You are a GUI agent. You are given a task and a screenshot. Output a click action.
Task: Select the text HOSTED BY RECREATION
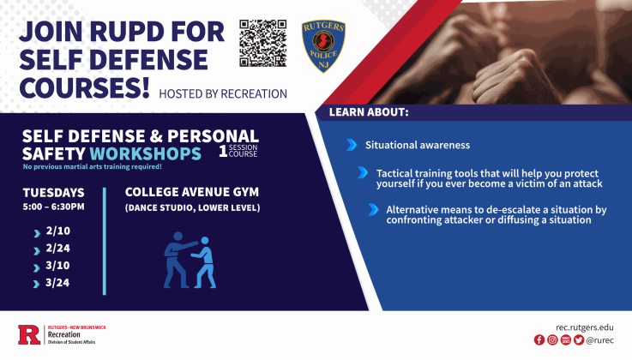click(223, 93)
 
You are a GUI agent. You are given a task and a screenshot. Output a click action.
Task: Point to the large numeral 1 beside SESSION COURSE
click(223, 152)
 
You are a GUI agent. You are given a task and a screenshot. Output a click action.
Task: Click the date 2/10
click(57, 231)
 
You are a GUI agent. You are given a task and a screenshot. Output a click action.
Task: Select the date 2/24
click(57, 249)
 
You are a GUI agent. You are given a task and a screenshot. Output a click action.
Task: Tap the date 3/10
click(57, 266)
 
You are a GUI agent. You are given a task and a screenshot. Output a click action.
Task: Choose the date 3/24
click(57, 283)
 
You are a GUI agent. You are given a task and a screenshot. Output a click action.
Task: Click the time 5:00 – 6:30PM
click(53, 207)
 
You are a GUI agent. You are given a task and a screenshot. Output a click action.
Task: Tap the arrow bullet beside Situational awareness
click(352, 145)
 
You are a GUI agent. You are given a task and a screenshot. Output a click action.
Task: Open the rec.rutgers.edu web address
click(585, 327)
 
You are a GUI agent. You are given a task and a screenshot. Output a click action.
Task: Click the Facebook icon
click(539, 340)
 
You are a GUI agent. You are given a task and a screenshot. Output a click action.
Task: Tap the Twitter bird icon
click(579, 340)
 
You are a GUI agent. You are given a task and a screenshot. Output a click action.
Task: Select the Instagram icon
click(552, 340)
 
